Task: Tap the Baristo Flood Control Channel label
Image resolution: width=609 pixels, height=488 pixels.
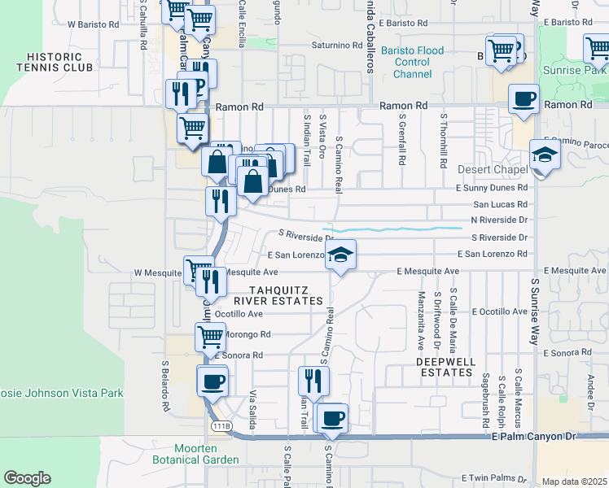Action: coord(412,63)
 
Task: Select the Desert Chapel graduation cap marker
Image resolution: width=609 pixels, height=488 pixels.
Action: coord(545,155)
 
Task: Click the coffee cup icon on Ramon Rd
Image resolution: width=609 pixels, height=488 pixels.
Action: coord(524,99)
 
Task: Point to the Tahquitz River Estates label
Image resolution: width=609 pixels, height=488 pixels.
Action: coord(286,294)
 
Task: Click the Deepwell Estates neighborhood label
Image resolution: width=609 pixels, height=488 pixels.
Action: coord(444,366)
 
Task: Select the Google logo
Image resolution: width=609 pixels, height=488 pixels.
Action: coord(27,478)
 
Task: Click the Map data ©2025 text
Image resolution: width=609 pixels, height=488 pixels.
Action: coord(575,481)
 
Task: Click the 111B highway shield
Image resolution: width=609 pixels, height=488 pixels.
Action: coord(221,426)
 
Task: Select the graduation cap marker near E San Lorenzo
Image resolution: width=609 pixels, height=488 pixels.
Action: coord(341,255)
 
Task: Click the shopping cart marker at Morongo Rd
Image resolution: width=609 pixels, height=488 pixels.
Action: coord(211,335)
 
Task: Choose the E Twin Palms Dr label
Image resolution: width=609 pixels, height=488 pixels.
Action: coord(495,477)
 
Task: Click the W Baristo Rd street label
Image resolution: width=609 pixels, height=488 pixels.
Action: coord(94,24)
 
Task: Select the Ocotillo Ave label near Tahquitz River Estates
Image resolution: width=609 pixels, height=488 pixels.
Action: coord(239,313)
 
